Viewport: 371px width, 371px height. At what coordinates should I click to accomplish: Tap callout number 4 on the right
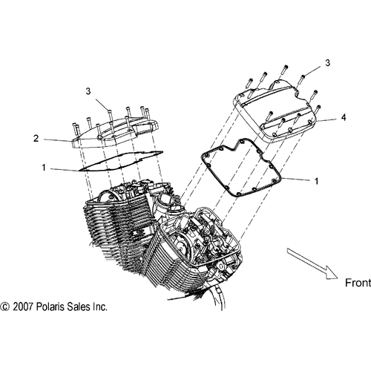tap(342, 116)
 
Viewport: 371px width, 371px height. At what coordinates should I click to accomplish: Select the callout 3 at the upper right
tap(326, 65)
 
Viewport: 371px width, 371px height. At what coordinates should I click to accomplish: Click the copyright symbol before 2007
tap(5, 306)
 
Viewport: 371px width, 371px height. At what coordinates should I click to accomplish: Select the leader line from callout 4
tap(326, 119)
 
